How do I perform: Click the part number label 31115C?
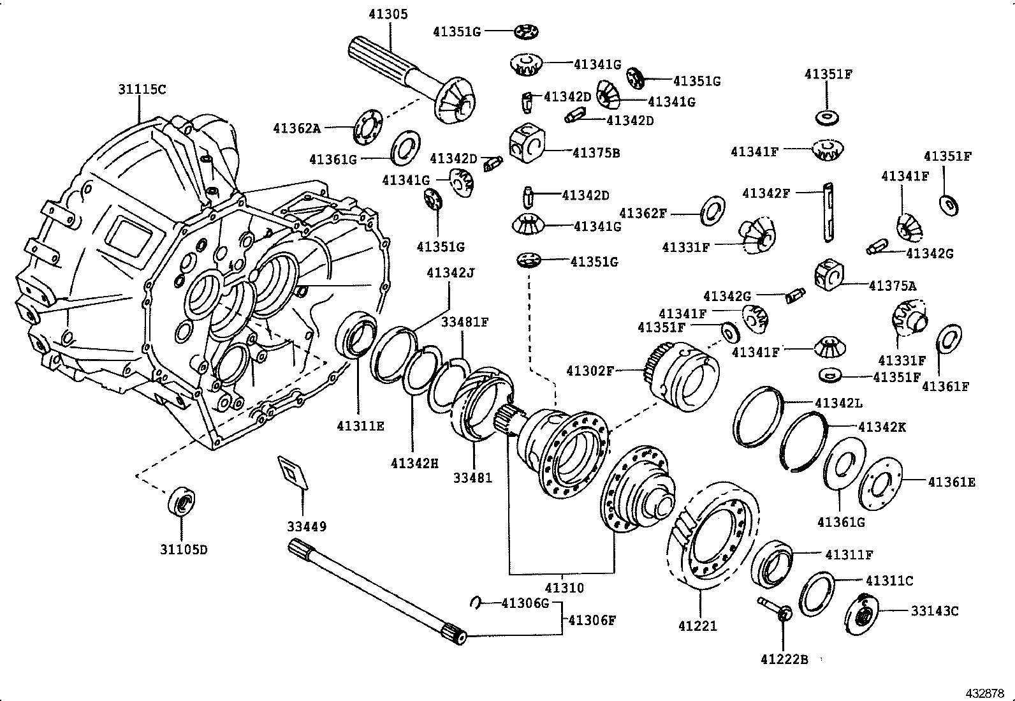click(142, 90)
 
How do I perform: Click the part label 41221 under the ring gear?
click(697, 626)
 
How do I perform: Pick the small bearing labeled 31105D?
click(182, 503)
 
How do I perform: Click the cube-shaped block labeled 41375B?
click(526, 144)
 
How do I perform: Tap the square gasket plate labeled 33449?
click(293, 473)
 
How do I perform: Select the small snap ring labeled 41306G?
click(477, 601)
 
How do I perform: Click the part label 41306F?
click(592, 620)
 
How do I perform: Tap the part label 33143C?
click(934, 611)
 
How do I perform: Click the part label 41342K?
click(882, 427)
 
